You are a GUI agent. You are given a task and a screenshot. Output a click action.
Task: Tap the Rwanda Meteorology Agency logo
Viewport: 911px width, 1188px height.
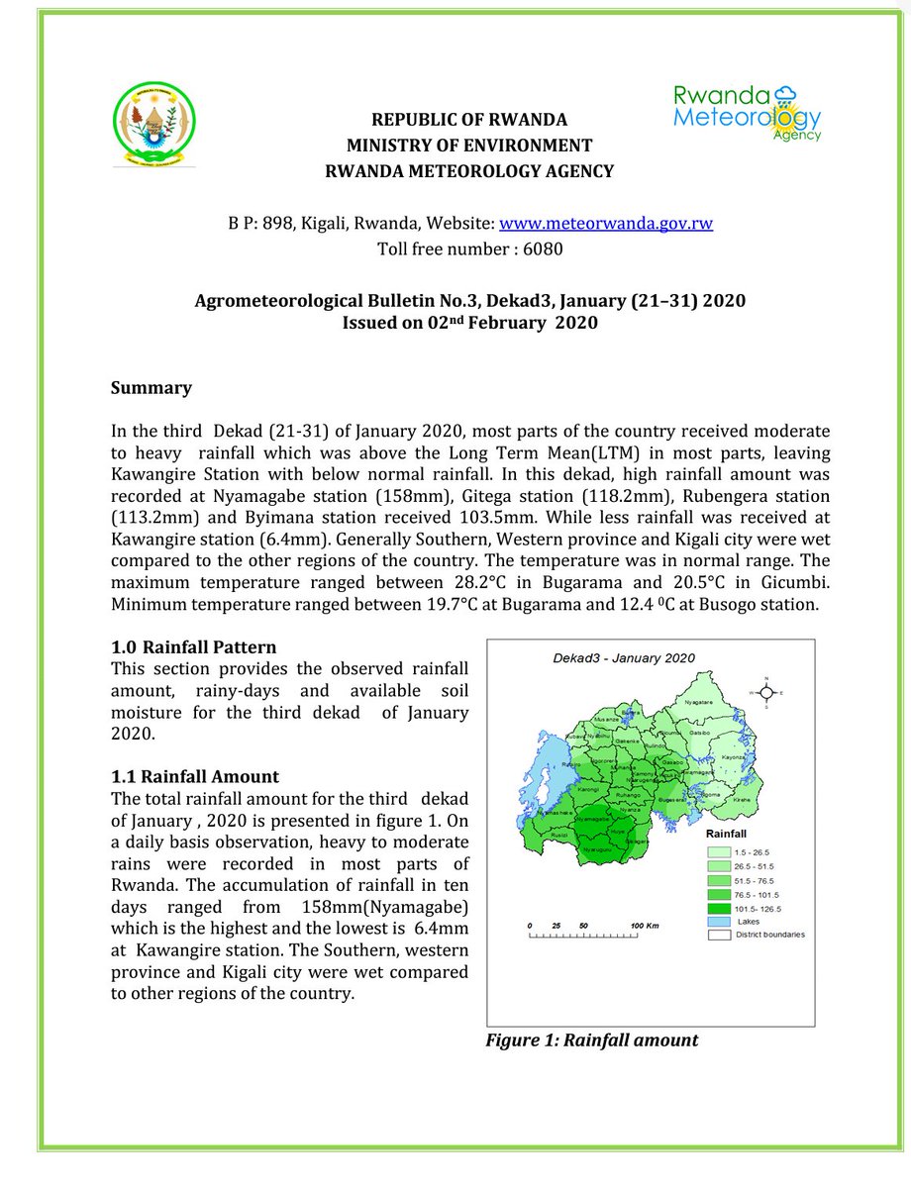747,112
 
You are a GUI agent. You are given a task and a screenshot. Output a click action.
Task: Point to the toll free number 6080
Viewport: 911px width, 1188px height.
543,248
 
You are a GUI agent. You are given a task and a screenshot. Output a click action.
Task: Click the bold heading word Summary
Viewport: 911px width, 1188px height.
151,387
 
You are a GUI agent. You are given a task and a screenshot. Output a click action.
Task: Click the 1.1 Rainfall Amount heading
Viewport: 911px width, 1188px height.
194,777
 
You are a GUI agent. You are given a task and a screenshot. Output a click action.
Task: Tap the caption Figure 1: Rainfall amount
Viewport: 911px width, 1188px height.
591,1040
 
